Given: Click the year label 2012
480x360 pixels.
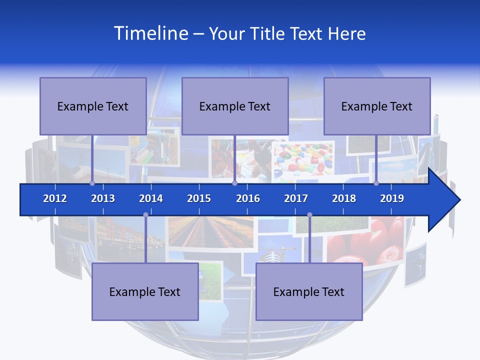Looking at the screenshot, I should coord(55,198).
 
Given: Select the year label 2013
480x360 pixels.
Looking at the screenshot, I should coord(103,198).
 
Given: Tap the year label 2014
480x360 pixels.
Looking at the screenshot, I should coord(151,198).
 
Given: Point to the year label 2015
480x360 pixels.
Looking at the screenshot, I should coord(199,198).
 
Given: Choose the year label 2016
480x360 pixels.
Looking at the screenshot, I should coord(248,198).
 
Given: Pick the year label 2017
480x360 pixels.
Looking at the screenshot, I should coord(296,198).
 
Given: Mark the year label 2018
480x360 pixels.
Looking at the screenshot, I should coord(344,198).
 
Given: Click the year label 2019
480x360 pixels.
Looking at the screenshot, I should coord(392,198).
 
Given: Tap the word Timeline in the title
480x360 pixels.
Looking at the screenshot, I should coord(151,33).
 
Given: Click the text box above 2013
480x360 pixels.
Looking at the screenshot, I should coord(93,106).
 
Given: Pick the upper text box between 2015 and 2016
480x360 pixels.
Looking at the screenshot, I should coord(235,106).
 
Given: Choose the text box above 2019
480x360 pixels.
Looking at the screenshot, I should coord(377,106).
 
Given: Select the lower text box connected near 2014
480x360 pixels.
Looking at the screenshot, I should coord(145,291).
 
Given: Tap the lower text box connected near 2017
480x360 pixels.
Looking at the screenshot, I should coord(309,291).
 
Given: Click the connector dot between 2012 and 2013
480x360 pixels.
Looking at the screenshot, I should coord(92,183).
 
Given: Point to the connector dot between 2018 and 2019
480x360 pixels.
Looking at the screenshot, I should coord(376,183).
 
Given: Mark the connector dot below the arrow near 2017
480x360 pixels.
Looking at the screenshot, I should coord(309,215).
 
